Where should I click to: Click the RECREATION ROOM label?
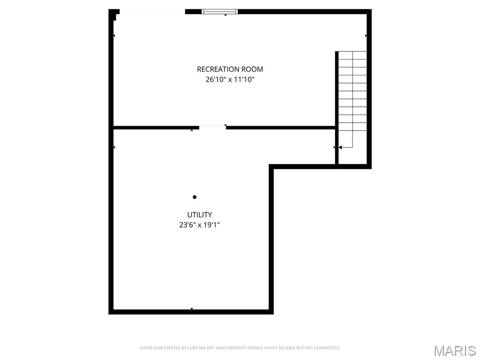[x=230, y=69]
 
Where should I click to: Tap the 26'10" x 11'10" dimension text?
[x=230, y=80]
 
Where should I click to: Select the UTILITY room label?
[x=199, y=215]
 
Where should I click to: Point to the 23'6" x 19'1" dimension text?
[x=199, y=225]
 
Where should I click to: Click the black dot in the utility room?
[x=195, y=197]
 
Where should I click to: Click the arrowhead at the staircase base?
[x=339, y=147]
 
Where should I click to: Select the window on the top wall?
[x=220, y=12]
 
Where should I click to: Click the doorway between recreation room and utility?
[x=212, y=127]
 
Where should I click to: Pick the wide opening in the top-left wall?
[x=152, y=12]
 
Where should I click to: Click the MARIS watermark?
[x=454, y=351]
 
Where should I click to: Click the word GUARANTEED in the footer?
[x=328, y=348]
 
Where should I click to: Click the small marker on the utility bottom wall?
[x=192, y=309]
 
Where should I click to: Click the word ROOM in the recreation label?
[x=253, y=69]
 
